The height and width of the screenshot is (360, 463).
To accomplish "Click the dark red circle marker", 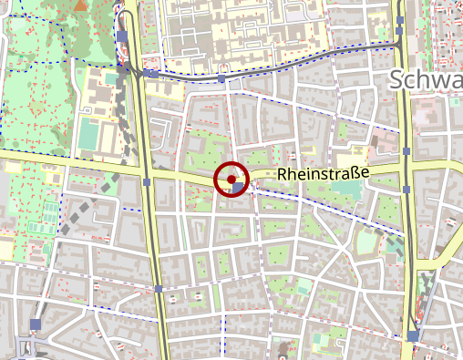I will point(231,179).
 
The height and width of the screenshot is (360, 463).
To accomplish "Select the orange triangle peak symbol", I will point(81,5).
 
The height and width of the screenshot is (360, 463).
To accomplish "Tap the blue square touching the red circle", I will point(239,188).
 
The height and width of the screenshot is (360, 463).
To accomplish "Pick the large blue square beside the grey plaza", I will point(36,324).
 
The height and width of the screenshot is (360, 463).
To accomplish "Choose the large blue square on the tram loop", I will point(123,36).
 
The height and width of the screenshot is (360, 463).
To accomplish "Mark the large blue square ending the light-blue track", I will point(414,336).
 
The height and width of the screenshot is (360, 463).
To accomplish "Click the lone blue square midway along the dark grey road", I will point(222,79).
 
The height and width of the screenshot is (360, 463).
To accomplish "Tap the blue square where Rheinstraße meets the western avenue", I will point(147,182).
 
